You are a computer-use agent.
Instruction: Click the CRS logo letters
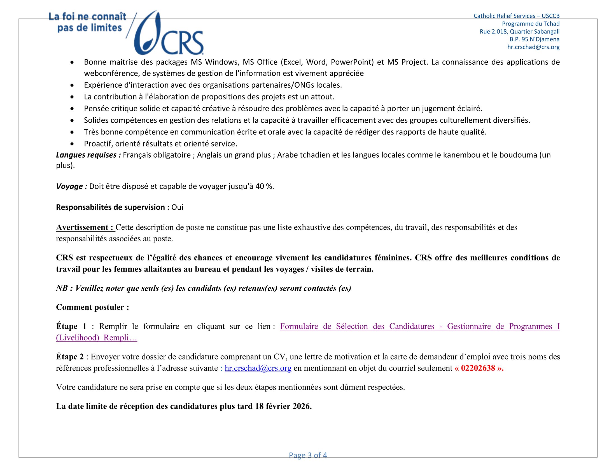point(182,43)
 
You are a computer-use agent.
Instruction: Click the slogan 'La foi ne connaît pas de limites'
point(88,22)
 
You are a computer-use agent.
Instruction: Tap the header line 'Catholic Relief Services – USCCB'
point(516,16)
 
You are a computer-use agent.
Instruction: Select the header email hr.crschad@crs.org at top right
point(533,47)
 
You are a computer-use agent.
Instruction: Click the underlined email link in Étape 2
point(258,368)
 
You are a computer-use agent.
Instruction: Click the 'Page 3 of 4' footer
point(308,455)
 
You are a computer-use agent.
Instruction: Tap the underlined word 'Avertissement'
point(82,227)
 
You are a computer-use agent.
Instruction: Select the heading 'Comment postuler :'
point(92,307)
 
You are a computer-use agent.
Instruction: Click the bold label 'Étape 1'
point(71,326)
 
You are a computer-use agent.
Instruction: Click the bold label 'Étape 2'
point(70,357)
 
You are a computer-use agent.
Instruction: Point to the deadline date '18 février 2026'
point(283,406)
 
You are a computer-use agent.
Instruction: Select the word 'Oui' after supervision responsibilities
point(177,207)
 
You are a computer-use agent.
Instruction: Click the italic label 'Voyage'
point(69,186)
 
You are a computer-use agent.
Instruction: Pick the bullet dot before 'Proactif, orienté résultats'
point(73,144)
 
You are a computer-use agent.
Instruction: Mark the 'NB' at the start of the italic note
point(62,288)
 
